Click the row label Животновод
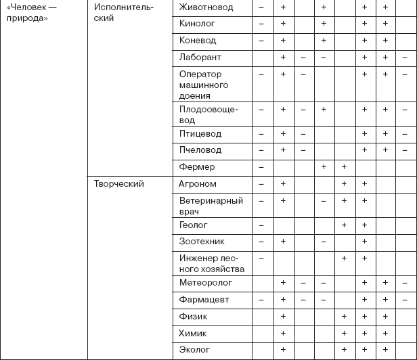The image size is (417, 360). click(x=206, y=7)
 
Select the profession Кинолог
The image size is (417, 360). click(x=198, y=24)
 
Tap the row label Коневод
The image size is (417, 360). click(x=198, y=41)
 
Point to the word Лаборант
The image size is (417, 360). click(x=200, y=58)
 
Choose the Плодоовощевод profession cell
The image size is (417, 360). click(x=208, y=113)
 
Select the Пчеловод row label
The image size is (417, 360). click(x=200, y=150)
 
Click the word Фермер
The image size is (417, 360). click(x=197, y=167)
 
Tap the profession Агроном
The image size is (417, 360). click(x=198, y=184)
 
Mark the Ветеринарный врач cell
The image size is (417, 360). click(x=210, y=206)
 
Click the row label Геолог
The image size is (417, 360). click(x=194, y=225)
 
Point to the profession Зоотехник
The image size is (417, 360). click(x=201, y=242)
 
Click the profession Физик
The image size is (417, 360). click(x=193, y=316)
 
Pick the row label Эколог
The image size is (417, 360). click(x=194, y=350)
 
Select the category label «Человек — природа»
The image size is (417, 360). click(x=27, y=12)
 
